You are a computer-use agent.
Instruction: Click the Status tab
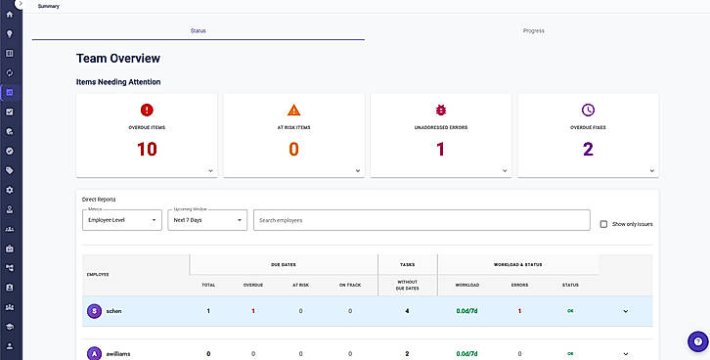coord(199,30)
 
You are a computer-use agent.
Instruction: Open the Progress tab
coord(533,30)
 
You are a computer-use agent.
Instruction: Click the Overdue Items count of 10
coord(147,149)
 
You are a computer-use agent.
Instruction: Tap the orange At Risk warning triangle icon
coord(293,110)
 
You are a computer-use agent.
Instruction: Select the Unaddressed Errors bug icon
coord(441,110)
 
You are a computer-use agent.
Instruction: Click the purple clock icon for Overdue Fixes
coord(588,110)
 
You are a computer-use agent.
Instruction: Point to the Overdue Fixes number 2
coord(588,149)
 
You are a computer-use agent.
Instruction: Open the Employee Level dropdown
coord(122,220)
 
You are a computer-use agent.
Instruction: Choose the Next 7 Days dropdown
coord(207,220)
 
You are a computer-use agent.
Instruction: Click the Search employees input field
coord(422,220)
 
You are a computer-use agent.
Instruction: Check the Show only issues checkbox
coord(603,224)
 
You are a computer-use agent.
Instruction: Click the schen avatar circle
coord(94,311)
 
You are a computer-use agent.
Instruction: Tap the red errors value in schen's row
coord(519,311)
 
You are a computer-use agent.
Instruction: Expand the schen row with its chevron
coord(625,311)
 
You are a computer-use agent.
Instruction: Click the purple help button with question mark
coord(697,341)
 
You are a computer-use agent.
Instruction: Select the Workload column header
coord(466,286)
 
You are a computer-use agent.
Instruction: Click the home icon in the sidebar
coord(9,14)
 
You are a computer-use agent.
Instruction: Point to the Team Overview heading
coord(118,59)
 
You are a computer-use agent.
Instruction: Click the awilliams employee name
coord(118,354)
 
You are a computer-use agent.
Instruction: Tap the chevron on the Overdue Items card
coord(210,171)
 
